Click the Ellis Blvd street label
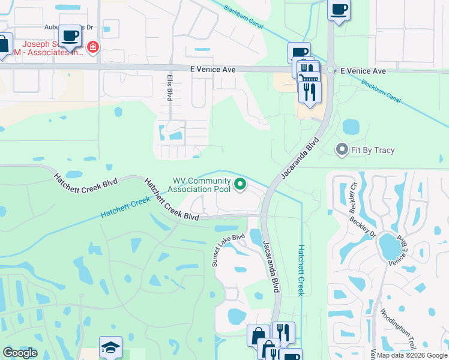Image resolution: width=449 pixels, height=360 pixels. click(x=170, y=88)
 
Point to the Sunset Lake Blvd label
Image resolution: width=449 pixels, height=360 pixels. click(x=228, y=249)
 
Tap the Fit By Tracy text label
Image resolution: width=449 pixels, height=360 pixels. click(x=373, y=150)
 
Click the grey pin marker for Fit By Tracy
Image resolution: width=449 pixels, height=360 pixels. click(x=342, y=149)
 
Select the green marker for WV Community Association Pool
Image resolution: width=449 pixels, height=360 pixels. click(x=240, y=185)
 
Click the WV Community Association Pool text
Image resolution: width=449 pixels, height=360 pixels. click(x=202, y=185)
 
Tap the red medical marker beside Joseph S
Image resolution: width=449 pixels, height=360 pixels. click(x=92, y=47)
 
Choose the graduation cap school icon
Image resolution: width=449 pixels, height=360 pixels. click(x=110, y=347)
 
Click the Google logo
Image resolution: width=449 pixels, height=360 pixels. click(x=20, y=352)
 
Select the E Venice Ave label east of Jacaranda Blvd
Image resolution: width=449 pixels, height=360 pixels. click(x=363, y=71)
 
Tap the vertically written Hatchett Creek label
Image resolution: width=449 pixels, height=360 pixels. click(x=302, y=270)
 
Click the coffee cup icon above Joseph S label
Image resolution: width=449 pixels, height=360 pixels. click(x=70, y=35)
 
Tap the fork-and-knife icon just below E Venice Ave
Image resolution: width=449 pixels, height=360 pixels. click(x=310, y=91)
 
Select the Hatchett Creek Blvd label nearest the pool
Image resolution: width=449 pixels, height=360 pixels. click(x=171, y=199)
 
